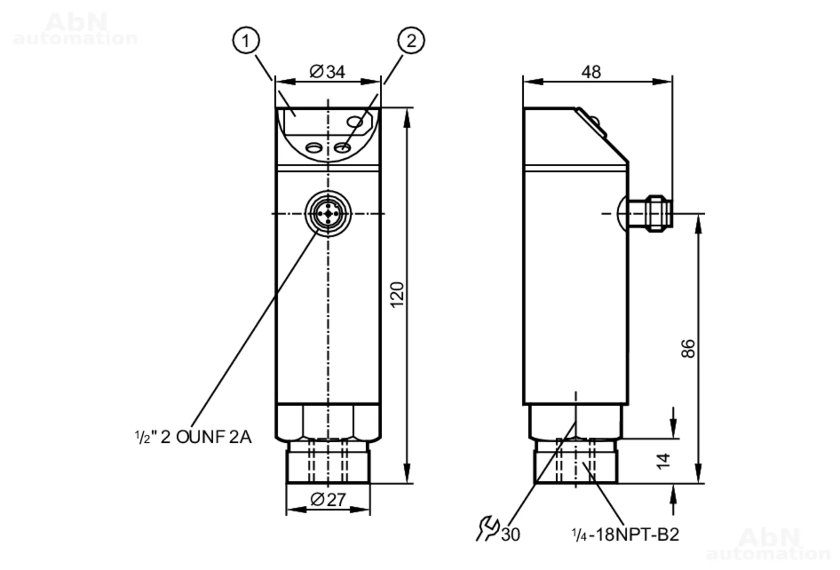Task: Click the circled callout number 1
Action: (x=246, y=40)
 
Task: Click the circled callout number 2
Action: (x=411, y=40)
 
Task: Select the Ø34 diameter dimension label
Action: (x=327, y=71)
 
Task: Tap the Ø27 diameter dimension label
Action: (x=328, y=499)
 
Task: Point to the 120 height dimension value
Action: (x=397, y=295)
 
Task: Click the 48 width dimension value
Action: (x=591, y=72)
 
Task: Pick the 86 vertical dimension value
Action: (x=688, y=348)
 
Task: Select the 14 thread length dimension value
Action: (x=664, y=461)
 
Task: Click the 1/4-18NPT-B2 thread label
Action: (x=625, y=535)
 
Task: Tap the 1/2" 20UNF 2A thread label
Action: (x=193, y=437)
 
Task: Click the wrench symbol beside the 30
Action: (x=488, y=528)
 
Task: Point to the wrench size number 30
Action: (x=511, y=535)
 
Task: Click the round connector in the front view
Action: (x=328, y=214)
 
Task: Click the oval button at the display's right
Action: (x=355, y=122)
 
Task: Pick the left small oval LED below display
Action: (x=314, y=148)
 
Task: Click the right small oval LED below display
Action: (x=342, y=147)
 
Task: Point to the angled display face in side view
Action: (x=601, y=134)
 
